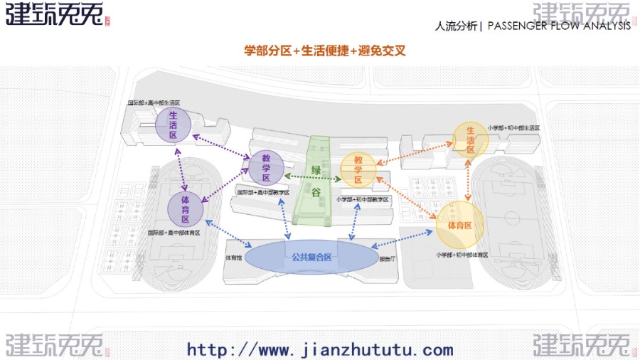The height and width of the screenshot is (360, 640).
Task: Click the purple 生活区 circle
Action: [174, 124]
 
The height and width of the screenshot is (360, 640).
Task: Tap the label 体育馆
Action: [235, 258]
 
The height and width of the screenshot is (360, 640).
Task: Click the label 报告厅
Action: [388, 260]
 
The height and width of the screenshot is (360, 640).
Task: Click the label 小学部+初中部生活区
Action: [513, 128]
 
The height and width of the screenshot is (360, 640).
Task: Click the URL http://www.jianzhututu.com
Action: [320, 349]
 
